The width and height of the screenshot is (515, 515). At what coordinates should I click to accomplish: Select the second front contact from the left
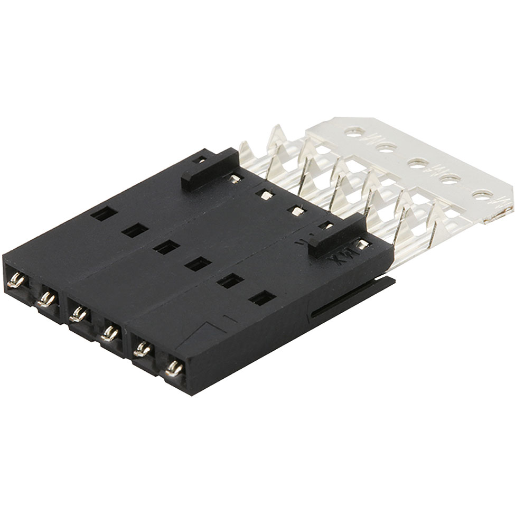click(x=46, y=299)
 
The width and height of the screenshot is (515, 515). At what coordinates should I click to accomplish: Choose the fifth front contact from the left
click(x=142, y=349)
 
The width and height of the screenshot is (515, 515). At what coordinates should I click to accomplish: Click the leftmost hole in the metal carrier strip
click(x=354, y=131)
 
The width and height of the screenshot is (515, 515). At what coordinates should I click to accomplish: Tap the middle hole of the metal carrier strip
click(x=417, y=164)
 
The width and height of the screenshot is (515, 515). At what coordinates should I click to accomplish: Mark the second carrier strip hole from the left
click(x=386, y=147)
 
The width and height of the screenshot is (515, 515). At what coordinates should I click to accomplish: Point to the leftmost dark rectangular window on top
click(x=104, y=213)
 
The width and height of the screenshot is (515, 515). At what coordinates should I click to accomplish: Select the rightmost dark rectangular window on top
click(x=262, y=298)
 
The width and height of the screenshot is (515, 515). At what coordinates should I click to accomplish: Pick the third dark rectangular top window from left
click(x=167, y=247)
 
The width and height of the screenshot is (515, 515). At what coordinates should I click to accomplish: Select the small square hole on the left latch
click(x=199, y=160)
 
